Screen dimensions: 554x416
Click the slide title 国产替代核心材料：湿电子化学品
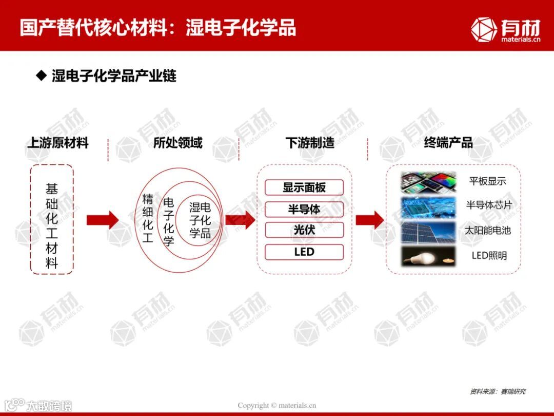coord(158,28)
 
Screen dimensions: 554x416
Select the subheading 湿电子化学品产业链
coord(113,77)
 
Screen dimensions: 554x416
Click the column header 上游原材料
coord(57,143)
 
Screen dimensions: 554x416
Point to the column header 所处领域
coord(177,143)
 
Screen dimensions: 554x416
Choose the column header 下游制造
coord(309,143)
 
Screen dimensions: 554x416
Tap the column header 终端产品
coord(448,143)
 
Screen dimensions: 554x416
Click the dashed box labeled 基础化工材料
coord(52,219)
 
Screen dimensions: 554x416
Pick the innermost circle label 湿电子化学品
coord(200,220)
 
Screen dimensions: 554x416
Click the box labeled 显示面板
coord(304,187)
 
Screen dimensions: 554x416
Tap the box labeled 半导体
coord(304,209)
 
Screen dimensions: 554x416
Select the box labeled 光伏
coord(304,230)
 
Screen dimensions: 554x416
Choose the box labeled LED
coord(304,252)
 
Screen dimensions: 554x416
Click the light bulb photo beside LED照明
coord(428,256)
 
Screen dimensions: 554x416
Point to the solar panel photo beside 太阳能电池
coord(428,232)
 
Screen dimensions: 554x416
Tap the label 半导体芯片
coord(489,205)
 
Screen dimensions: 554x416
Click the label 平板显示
coord(487,181)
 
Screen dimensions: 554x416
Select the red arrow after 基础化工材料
coord(102,220)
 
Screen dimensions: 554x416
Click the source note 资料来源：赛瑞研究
coord(498,391)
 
